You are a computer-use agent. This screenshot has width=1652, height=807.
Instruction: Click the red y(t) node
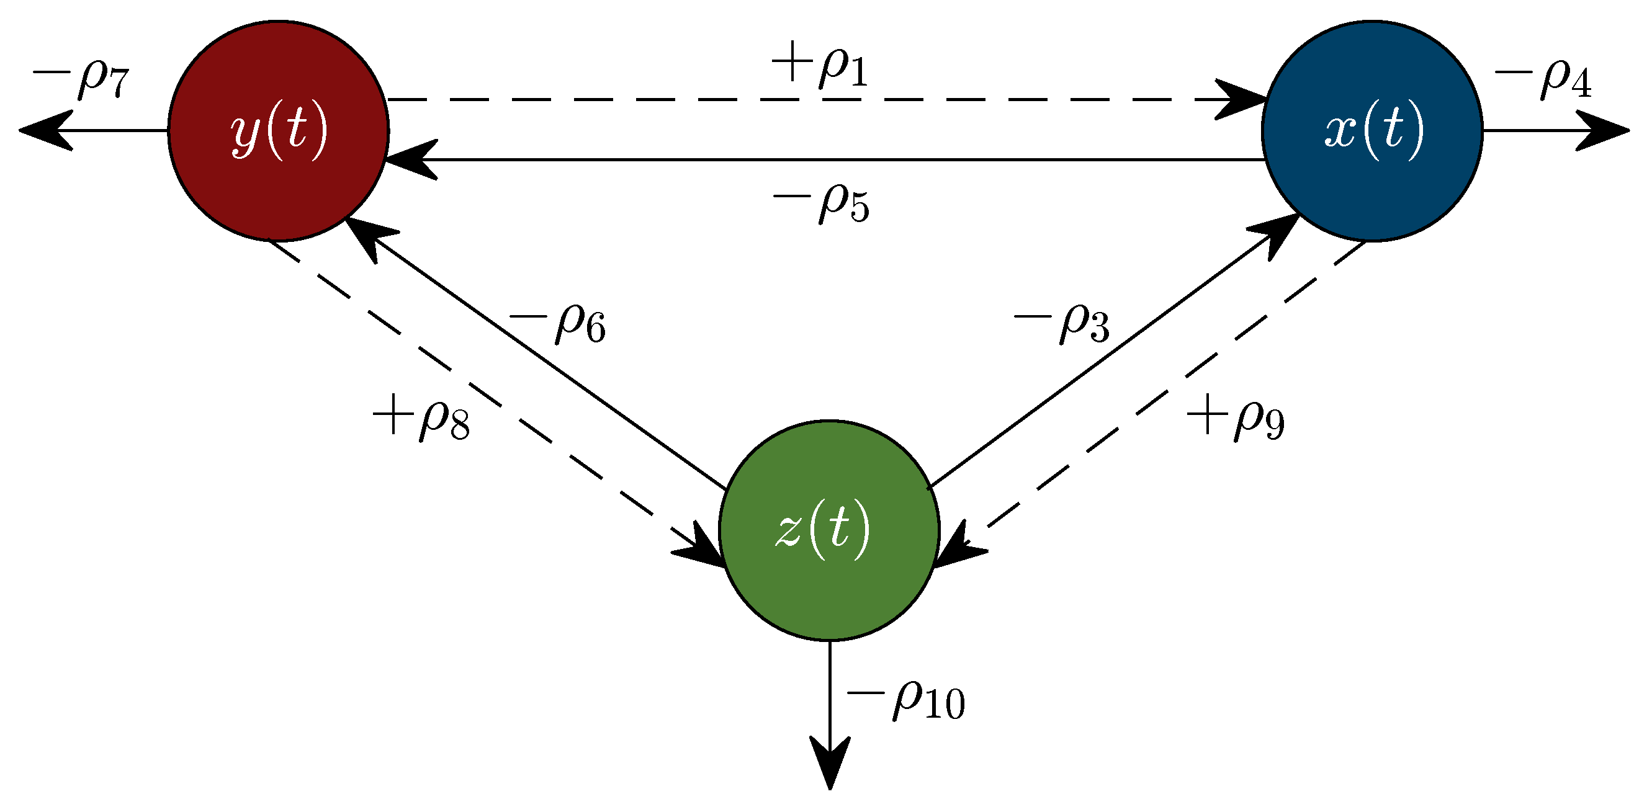[x=278, y=132]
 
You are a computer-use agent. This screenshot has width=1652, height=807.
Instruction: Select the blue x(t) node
[x=1372, y=132]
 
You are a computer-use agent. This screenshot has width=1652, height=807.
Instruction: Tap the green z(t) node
[x=829, y=531]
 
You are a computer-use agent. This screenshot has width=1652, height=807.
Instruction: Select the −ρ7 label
[x=81, y=78]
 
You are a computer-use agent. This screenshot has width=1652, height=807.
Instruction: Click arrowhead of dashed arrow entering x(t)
[x=1241, y=100]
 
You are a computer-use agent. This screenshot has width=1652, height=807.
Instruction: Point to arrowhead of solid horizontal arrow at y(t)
[x=411, y=159]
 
